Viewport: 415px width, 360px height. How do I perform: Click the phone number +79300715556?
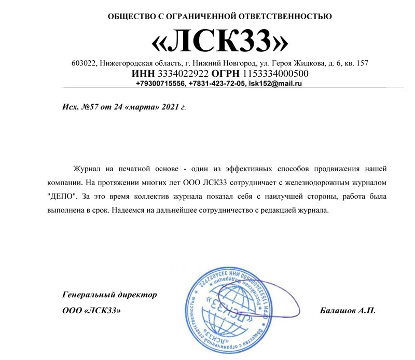point(160,83)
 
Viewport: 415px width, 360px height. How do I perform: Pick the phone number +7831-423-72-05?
point(217,83)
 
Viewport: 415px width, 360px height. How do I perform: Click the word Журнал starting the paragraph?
point(89,169)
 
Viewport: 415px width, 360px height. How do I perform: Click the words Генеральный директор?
point(109,295)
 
